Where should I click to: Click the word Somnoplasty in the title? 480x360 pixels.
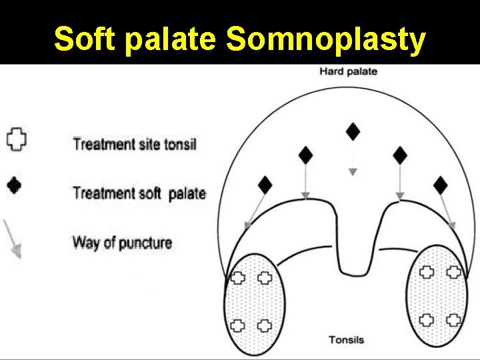325,39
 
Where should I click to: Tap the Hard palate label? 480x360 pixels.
348,71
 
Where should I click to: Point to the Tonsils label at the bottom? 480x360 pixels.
346,340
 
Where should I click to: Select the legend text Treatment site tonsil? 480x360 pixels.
134,143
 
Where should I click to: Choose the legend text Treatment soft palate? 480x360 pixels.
139,193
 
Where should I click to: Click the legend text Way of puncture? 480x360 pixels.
122,242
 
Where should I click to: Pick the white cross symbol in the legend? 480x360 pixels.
16,139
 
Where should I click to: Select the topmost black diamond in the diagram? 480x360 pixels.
353,131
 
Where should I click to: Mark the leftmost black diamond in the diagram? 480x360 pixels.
265,185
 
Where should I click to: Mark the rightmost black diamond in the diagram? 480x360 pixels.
441,185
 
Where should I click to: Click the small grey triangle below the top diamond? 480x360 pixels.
353,172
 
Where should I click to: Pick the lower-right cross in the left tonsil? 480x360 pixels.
265,325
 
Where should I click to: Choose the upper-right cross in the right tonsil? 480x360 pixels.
454,271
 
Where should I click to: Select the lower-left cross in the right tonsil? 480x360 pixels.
427,319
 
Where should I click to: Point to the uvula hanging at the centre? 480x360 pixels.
353,260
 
